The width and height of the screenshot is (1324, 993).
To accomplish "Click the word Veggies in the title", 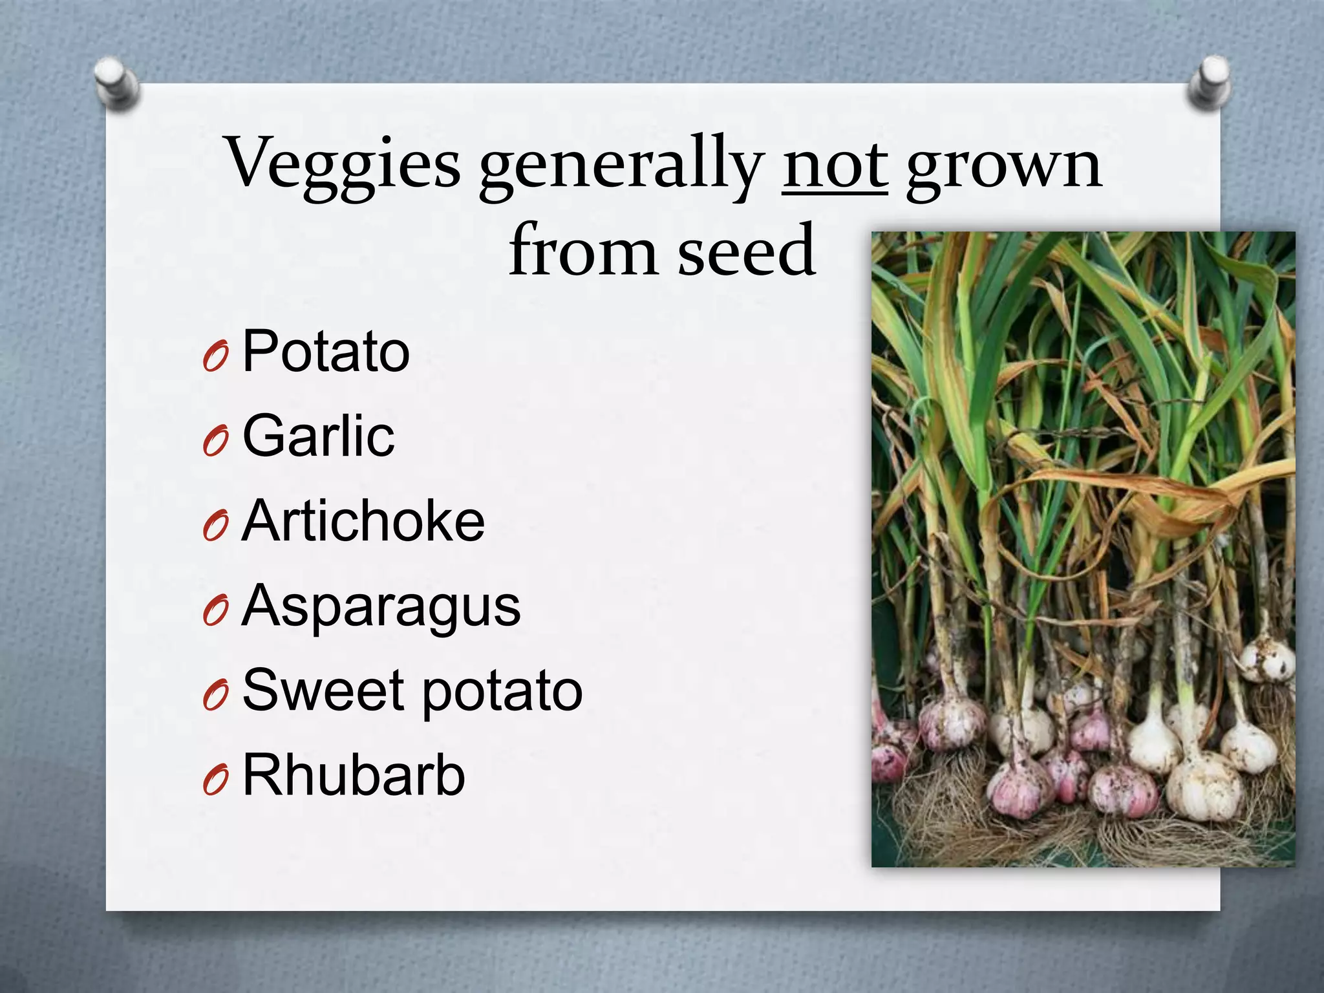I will [x=343, y=163].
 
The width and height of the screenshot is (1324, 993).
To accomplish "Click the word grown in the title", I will [x=1003, y=167].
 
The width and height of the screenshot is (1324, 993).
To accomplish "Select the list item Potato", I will [x=326, y=352].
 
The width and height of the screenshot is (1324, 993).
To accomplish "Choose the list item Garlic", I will [x=318, y=436].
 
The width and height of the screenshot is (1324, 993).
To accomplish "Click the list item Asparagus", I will [x=381, y=608].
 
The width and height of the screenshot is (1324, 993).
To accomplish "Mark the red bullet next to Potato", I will [x=215, y=358].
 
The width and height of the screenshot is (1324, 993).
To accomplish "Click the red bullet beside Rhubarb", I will [x=215, y=781].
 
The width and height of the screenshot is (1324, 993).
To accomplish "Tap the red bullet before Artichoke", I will [x=215, y=527].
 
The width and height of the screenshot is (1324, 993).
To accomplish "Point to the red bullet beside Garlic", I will [x=215, y=442].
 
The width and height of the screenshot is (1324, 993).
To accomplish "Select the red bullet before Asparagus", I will [x=215, y=612].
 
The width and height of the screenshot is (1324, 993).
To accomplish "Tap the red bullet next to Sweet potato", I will [x=215, y=696].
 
